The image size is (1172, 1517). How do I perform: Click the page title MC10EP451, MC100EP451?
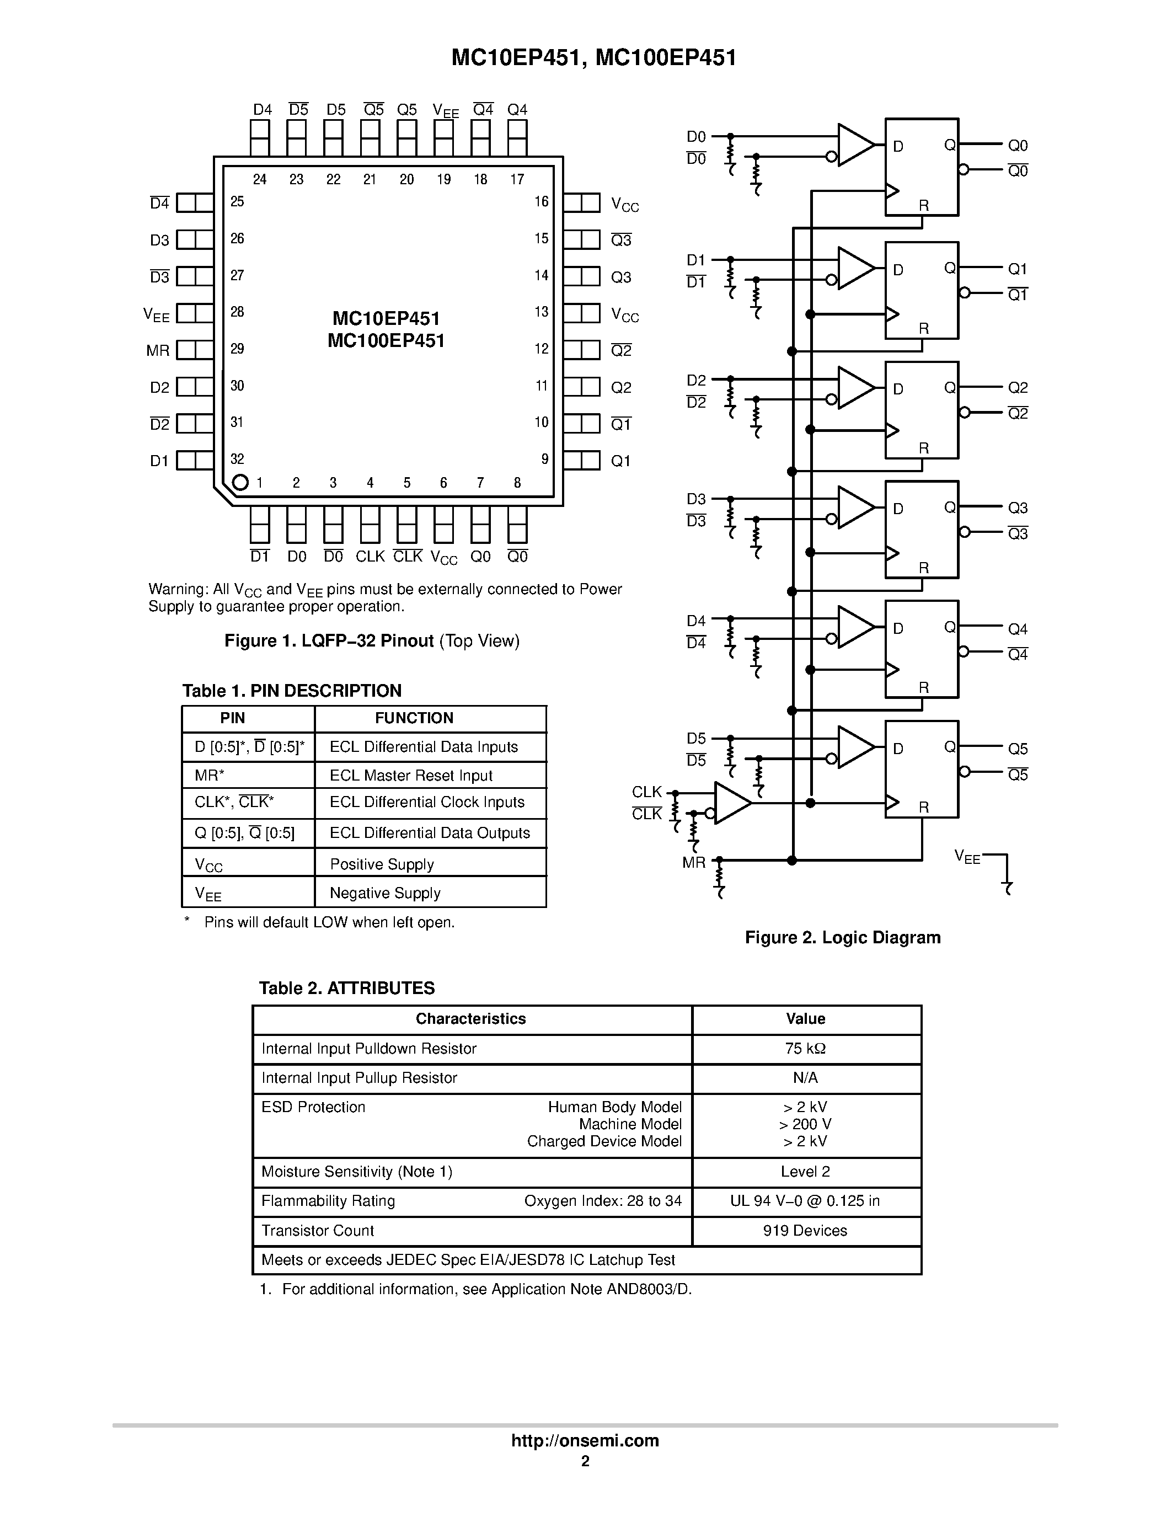tap(593, 58)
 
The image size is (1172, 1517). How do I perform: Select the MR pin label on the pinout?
tap(158, 351)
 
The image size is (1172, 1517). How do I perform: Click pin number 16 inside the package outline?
tap(542, 201)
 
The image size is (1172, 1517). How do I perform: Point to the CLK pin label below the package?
tap(370, 557)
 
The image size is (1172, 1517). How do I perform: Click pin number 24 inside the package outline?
tap(260, 179)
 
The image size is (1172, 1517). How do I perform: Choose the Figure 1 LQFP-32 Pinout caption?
tap(372, 640)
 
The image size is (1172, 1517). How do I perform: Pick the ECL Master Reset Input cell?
tap(411, 775)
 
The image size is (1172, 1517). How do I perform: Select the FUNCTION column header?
tap(414, 718)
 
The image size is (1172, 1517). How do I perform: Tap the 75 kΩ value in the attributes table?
tap(805, 1048)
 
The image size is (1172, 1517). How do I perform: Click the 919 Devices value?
tap(805, 1230)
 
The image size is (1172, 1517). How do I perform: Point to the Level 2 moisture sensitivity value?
tap(805, 1171)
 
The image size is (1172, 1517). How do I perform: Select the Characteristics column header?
tap(471, 1018)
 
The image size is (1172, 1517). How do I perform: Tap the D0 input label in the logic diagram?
tap(695, 137)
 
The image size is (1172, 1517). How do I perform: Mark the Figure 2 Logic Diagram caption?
tap(842, 937)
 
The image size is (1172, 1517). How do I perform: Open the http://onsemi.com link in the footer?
tap(585, 1440)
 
